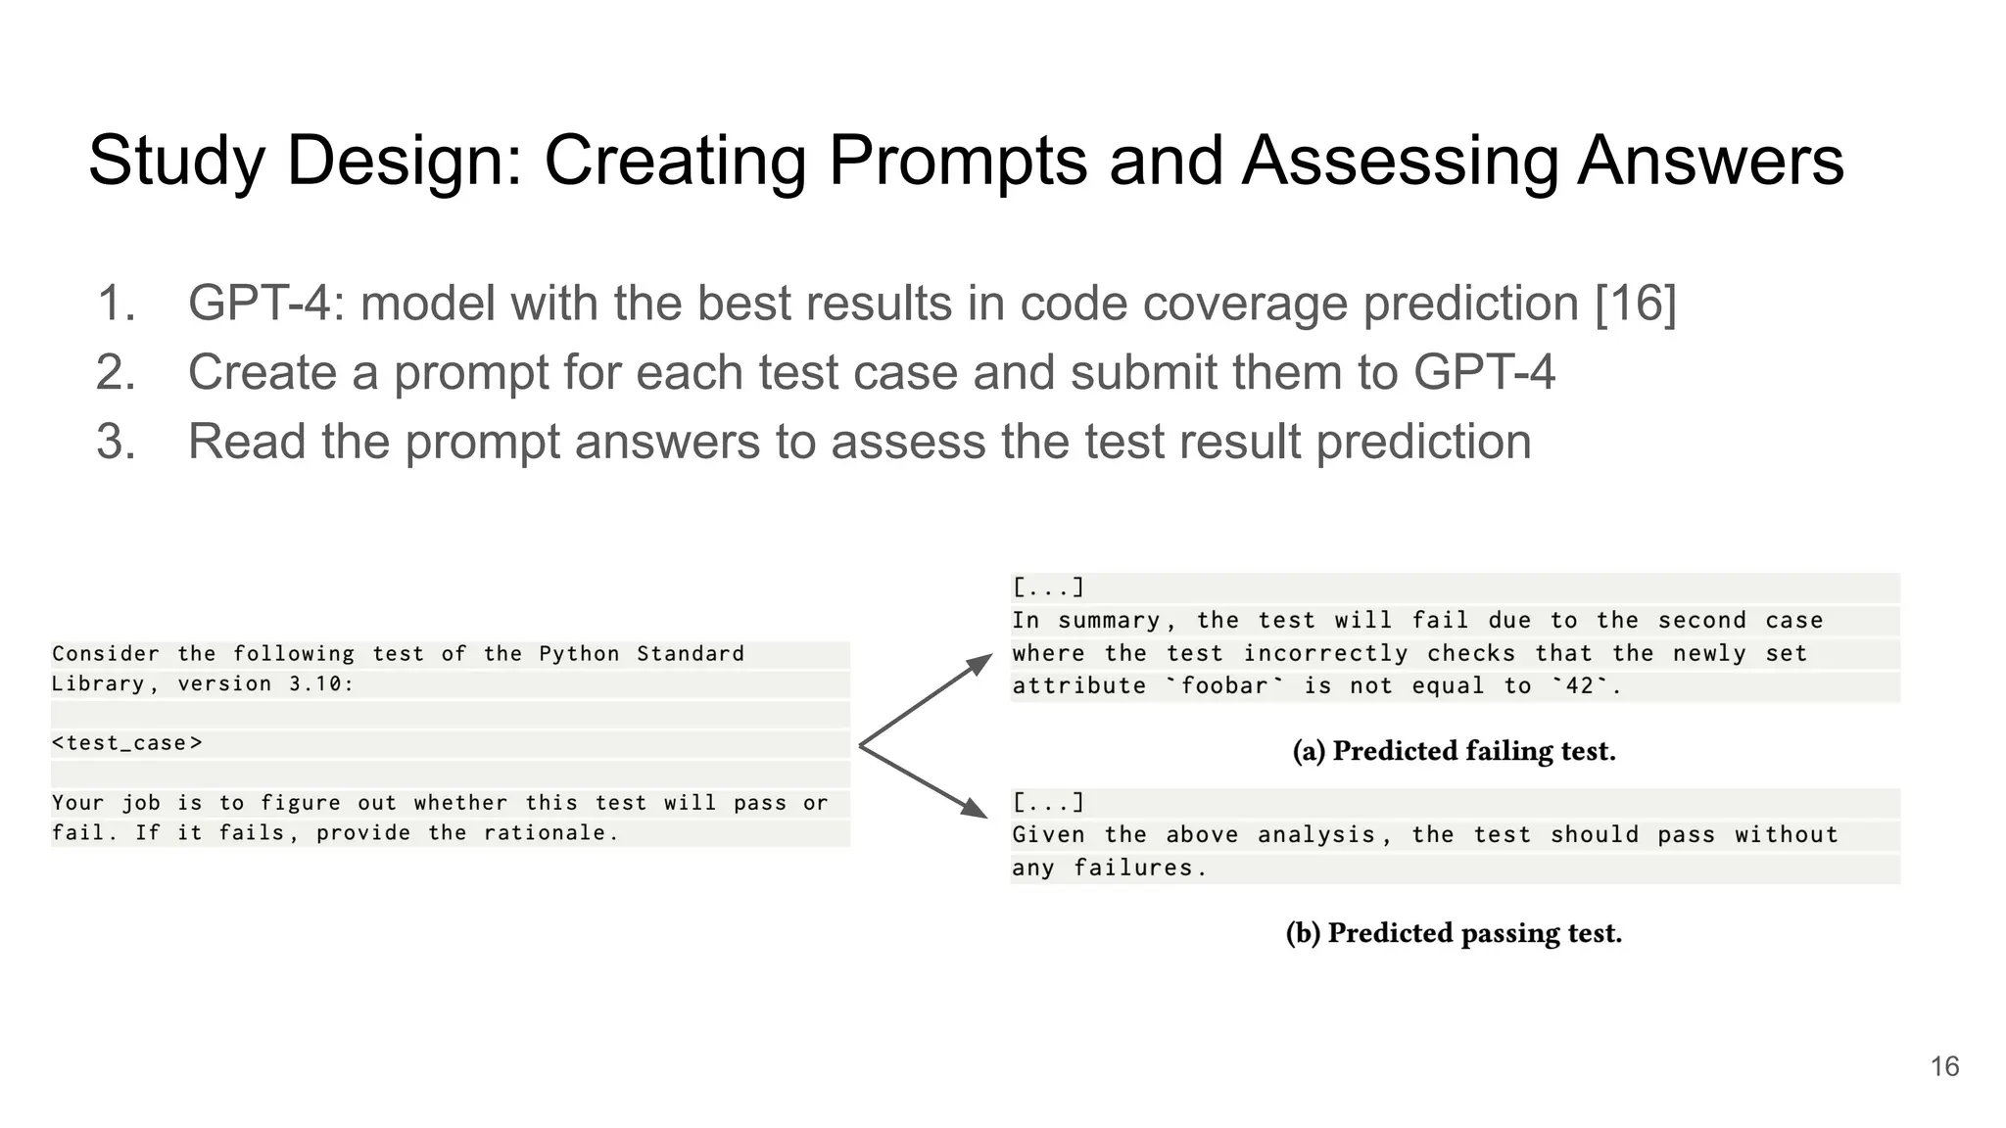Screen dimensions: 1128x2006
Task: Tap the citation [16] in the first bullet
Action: (1636, 303)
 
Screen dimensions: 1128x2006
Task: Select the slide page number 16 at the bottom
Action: (1944, 1066)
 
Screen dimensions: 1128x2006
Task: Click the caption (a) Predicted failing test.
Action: (1454, 751)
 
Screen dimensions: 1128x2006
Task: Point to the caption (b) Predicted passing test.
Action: (1454, 933)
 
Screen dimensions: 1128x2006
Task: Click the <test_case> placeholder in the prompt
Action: (127, 743)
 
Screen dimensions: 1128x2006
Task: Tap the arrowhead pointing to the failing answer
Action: (979, 664)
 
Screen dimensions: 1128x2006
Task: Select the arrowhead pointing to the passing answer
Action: (975, 808)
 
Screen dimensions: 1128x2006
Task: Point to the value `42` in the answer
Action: (1580, 685)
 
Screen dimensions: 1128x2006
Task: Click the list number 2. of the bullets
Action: (116, 373)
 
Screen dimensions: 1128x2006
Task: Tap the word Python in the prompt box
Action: (579, 654)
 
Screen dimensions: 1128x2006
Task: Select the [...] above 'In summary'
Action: (1048, 587)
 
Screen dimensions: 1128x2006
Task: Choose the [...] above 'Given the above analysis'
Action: (1048, 803)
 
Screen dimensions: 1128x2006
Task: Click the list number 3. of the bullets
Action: (116, 442)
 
